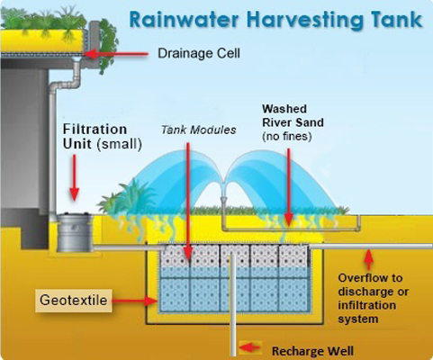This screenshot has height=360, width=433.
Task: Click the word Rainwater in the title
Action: (x=185, y=20)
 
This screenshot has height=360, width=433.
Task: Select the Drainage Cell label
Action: (x=199, y=53)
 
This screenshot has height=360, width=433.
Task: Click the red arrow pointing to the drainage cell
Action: (x=116, y=54)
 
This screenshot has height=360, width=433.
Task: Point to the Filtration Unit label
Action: (x=103, y=137)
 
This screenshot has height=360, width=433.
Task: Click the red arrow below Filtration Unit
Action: (x=74, y=177)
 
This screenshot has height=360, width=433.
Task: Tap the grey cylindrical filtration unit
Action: (x=75, y=232)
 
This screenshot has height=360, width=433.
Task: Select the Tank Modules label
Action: (x=199, y=130)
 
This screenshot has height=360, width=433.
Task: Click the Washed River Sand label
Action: (x=293, y=115)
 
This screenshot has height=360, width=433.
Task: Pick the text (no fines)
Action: (x=287, y=137)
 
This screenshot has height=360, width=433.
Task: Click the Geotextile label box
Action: (x=74, y=301)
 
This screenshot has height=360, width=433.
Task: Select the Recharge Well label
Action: (x=312, y=351)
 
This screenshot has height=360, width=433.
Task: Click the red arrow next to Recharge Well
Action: (x=249, y=347)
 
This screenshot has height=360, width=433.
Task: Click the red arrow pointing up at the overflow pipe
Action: (x=369, y=259)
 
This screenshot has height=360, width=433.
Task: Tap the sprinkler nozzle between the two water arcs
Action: (x=224, y=200)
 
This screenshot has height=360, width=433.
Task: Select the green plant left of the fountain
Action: (x=128, y=196)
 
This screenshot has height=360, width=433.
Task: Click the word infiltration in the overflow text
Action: (x=367, y=305)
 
